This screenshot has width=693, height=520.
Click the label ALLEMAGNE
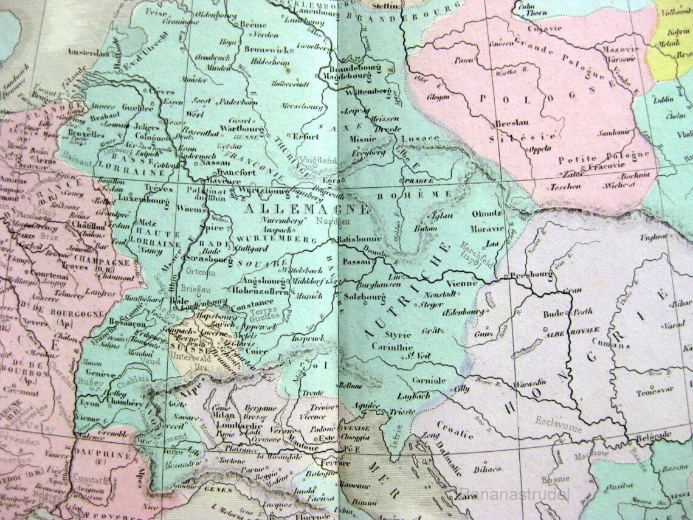(306, 209)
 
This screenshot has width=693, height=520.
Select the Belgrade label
(653, 435)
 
